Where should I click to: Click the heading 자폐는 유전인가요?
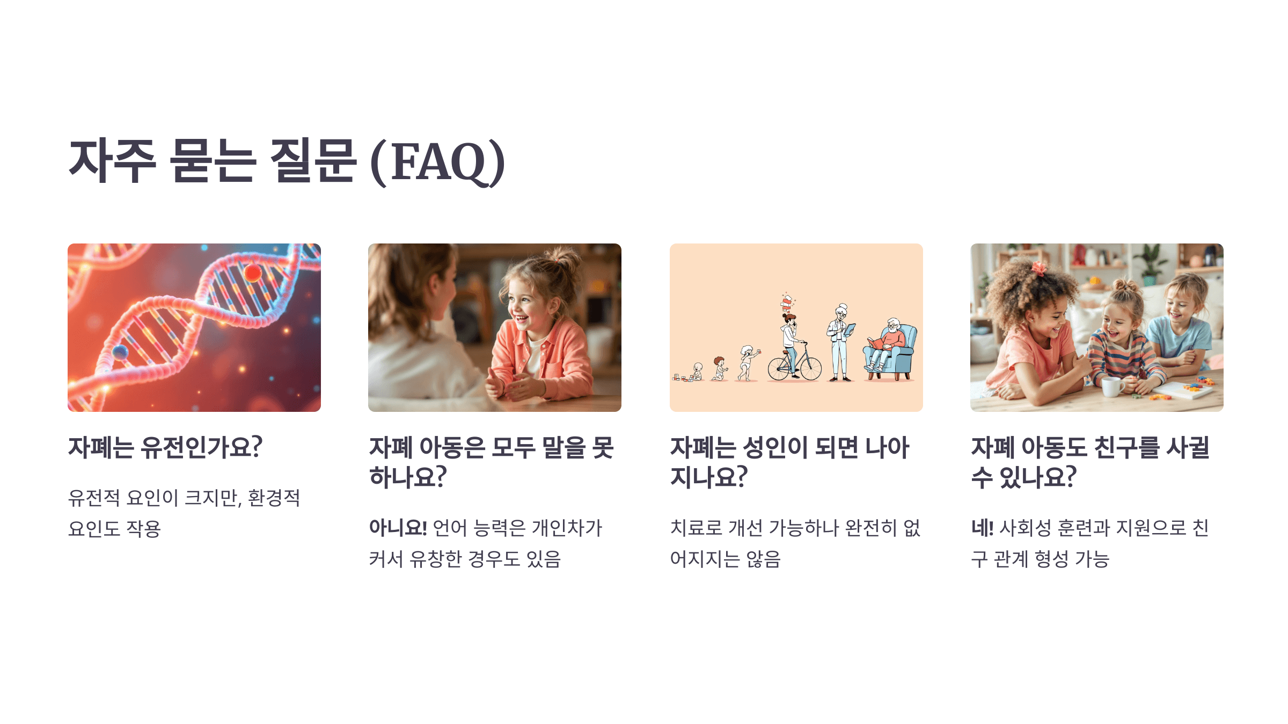point(165,447)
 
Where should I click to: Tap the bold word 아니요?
point(398,528)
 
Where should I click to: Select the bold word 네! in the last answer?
point(982,528)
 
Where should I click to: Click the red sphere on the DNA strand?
point(253,273)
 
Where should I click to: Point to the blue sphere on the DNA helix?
point(120,352)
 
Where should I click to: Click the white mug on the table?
point(1111,386)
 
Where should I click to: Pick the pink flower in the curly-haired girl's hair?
point(1040,268)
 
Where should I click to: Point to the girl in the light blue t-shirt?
point(1181,327)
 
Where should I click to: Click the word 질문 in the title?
point(313,161)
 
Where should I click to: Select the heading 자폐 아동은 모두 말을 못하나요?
point(491,462)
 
